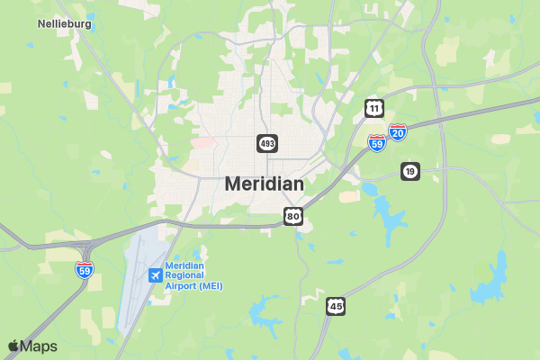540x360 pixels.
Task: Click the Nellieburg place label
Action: point(66,23)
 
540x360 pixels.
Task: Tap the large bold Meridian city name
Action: point(264,184)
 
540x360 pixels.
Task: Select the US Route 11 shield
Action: point(373,108)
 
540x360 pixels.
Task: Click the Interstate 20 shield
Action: point(398,132)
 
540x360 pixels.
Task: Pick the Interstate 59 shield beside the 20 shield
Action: point(377,141)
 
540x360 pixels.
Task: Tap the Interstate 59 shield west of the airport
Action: point(85,268)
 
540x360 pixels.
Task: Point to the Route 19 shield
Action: point(410,171)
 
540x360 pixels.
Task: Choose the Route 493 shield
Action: point(267,143)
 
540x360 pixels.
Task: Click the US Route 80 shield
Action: point(293,216)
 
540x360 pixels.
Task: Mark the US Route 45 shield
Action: point(336,306)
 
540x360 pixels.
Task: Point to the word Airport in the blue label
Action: point(183,285)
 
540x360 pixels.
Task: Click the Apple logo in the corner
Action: point(14,346)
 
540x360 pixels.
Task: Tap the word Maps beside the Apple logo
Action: point(40,346)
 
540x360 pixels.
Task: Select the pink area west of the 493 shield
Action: point(203,142)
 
